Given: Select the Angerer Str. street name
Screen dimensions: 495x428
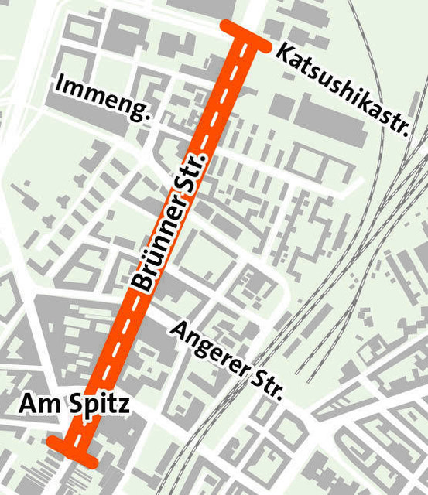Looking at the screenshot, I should click(227, 358).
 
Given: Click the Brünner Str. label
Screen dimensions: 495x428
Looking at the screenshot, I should click(172, 222).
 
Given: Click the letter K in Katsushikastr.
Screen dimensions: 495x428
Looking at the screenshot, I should click(284, 54).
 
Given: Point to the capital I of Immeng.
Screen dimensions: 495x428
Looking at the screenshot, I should click(60, 84).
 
